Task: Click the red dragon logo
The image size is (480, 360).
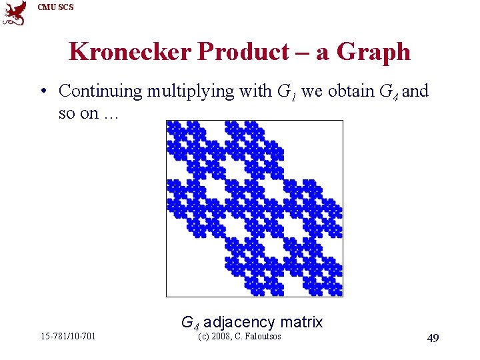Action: pos(15,13)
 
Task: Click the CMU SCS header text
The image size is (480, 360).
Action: pos(56,7)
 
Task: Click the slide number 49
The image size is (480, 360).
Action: pos(433,339)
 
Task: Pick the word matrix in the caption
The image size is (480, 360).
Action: pos(301,322)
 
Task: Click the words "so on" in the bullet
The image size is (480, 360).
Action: pos(78,113)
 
